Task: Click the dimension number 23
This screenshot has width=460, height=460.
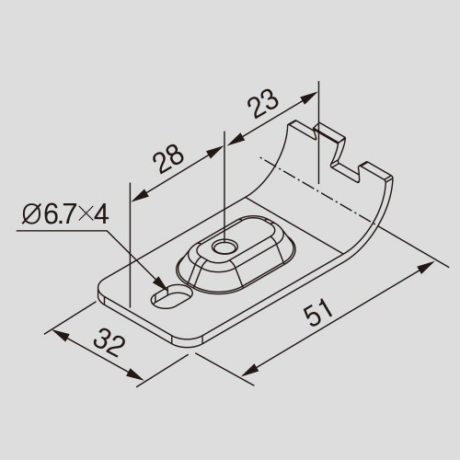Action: [x=263, y=103]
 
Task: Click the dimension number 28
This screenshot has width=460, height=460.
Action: [x=168, y=158]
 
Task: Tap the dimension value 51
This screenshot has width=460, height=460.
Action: [x=317, y=315]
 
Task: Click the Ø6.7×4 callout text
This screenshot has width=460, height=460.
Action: [x=65, y=214]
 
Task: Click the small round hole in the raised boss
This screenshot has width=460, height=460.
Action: [x=225, y=247]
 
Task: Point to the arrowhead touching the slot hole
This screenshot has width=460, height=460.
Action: [x=162, y=283]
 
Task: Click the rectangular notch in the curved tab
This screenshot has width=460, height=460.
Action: [x=345, y=163]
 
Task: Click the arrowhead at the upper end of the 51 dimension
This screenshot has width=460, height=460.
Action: [x=425, y=268]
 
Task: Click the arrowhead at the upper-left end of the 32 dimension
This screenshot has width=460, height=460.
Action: [x=62, y=335]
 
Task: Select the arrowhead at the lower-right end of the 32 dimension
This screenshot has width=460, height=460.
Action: [x=134, y=374]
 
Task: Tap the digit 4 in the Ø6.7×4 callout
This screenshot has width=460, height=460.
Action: [x=101, y=214]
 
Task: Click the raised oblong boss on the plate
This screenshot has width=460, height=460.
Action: [x=236, y=254]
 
